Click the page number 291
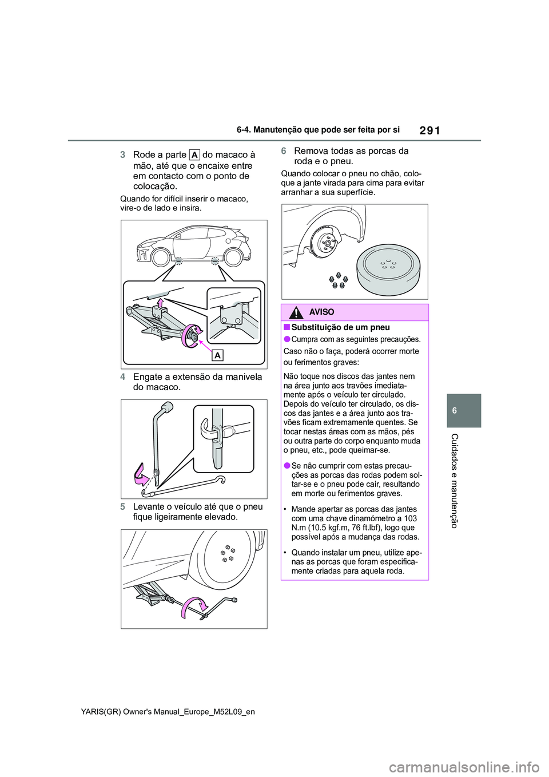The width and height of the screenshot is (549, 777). click(429, 130)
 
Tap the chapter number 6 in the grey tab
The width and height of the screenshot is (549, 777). click(464, 411)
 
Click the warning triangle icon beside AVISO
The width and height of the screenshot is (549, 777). click(296, 312)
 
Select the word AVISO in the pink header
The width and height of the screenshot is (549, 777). click(321, 312)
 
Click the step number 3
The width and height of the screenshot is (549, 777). click(123, 155)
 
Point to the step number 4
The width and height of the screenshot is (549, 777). click(123, 377)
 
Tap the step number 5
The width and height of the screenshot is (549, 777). click(123, 507)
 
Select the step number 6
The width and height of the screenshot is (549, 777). click(284, 151)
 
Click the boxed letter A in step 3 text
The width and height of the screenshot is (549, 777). click(194, 155)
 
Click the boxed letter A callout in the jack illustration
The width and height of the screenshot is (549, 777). click(217, 356)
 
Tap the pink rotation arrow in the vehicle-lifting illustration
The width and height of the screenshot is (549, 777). click(194, 608)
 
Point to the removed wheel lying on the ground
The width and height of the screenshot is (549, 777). click(389, 266)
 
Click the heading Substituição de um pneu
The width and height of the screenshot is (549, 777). click(340, 327)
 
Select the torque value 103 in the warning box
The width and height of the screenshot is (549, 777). click(410, 518)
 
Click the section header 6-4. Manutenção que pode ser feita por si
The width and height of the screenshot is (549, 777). click(318, 130)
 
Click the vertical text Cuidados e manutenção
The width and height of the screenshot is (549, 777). click(455, 481)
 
